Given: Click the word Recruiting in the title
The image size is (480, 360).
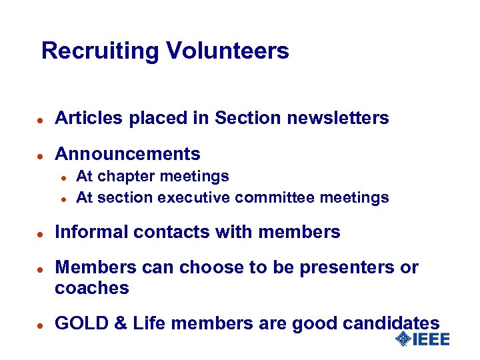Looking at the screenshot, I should click(x=100, y=51).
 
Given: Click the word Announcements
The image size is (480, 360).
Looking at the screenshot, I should click(x=127, y=154).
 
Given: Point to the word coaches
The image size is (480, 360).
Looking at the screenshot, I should click(x=91, y=288).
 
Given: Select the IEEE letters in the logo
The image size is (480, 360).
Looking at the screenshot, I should click(x=431, y=339).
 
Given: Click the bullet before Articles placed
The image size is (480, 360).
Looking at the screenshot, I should click(x=40, y=119).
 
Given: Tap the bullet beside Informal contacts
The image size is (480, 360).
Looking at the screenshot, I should click(x=40, y=233).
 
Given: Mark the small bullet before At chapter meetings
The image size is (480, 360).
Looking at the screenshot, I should click(x=62, y=177).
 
